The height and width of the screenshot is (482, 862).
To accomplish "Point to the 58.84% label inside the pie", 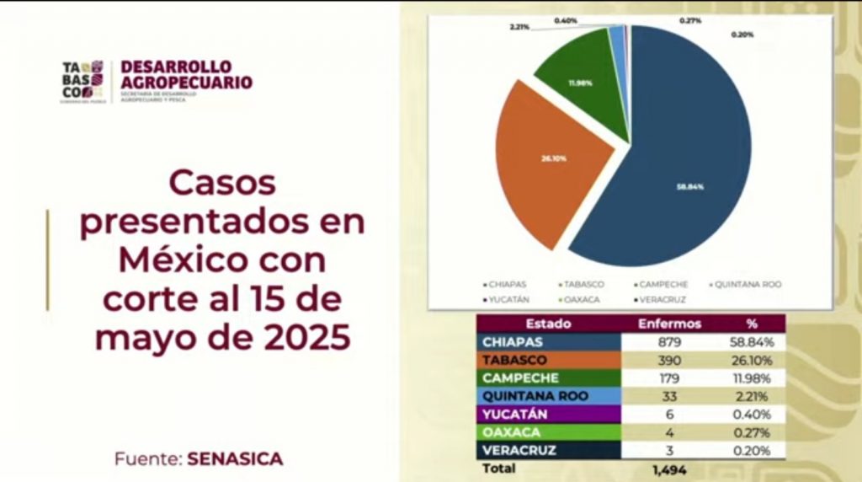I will click(x=689, y=187).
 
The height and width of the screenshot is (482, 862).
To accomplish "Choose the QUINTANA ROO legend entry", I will click(x=747, y=285).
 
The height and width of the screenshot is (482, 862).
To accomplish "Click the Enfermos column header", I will click(x=670, y=324).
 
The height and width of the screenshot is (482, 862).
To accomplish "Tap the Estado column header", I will click(x=548, y=324).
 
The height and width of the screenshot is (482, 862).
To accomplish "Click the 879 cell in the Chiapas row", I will click(x=669, y=342).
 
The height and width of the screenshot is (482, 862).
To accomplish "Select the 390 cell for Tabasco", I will click(x=669, y=360).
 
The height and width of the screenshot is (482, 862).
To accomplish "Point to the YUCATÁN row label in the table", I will click(x=515, y=414).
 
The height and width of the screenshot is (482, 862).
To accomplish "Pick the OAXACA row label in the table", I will click(x=513, y=432).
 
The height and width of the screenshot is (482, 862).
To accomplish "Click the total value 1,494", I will click(x=669, y=469).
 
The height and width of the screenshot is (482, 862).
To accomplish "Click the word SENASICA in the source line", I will click(x=236, y=459).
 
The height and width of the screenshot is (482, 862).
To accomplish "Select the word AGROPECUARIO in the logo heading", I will click(x=186, y=83).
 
